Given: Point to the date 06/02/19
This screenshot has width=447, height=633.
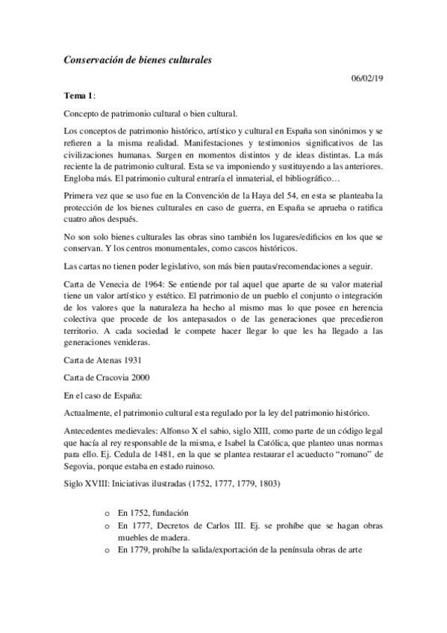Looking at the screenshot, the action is click(367, 78).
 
